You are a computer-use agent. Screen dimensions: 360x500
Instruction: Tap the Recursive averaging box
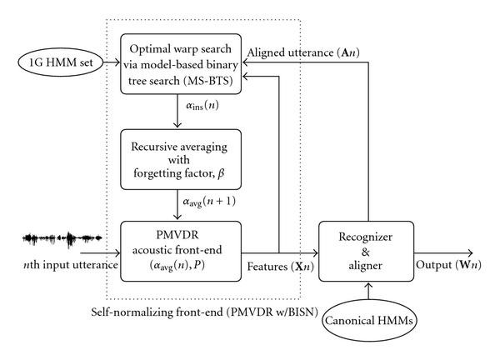[181, 153]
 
